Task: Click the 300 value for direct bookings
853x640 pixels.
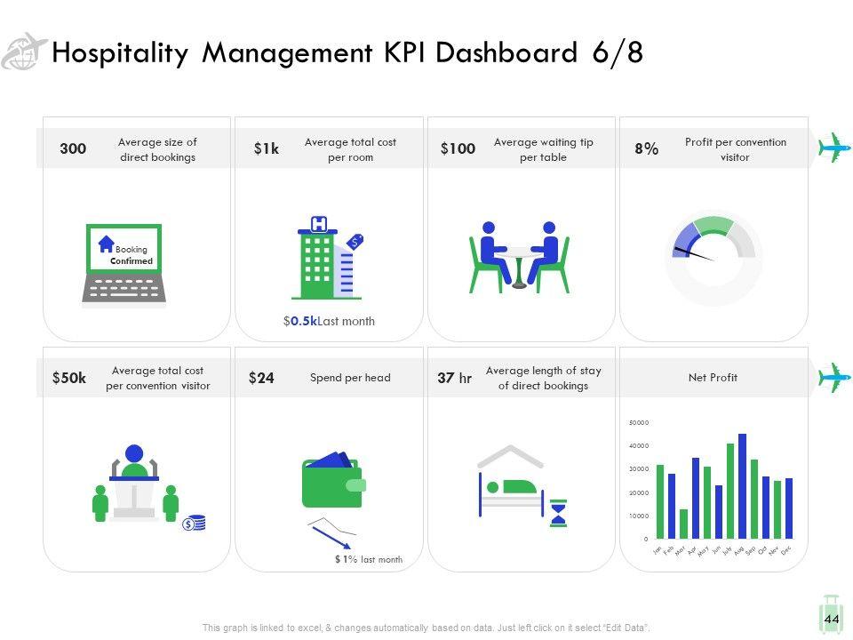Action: [x=73, y=149]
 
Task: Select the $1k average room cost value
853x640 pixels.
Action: [x=266, y=149]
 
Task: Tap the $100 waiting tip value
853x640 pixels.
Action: [x=458, y=149]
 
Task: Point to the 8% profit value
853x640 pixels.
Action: [x=647, y=149]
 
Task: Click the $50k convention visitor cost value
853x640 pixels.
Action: [x=69, y=378]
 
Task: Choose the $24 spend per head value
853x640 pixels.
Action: [x=261, y=378]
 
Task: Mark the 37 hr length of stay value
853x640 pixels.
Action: [x=454, y=378]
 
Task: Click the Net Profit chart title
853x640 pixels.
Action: [x=713, y=378]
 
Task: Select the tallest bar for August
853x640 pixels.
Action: [x=742, y=486]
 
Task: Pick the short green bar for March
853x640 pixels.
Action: [x=683, y=524]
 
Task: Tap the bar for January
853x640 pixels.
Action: [x=660, y=501]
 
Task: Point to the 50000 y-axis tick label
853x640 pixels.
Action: [x=639, y=422]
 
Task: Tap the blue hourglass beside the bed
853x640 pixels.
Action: [x=558, y=513]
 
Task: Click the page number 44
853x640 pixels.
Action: [x=832, y=619]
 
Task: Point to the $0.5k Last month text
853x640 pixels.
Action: [x=329, y=322]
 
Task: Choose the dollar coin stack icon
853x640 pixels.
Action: [x=194, y=523]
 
